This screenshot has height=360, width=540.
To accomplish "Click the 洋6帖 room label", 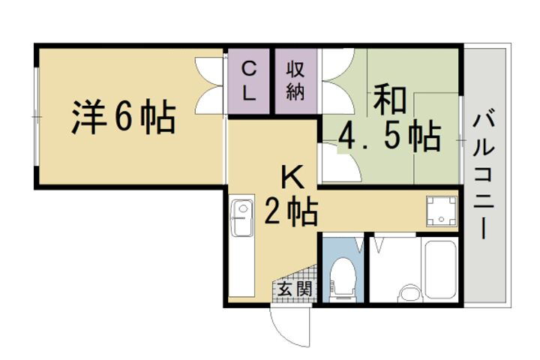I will coord(124,118).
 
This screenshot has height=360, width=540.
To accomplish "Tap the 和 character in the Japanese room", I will coord(389,100).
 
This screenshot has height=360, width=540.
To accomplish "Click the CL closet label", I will coord(250,81).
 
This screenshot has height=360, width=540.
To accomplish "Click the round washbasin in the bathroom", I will coord(409,292).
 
